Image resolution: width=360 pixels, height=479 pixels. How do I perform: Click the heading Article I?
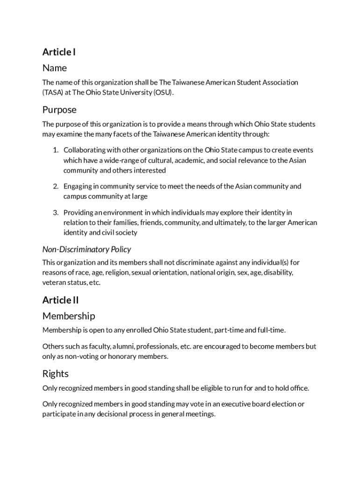pyautogui.click(x=59, y=52)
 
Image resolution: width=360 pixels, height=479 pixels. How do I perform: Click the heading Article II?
pyautogui.click(x=60, y=300)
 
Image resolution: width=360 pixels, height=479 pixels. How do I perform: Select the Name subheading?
pyautogui.click(x=55, y=68)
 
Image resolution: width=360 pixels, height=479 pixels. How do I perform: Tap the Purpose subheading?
pyautogui.click(x=59, y=110)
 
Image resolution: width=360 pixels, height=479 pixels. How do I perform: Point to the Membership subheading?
pyautogui.click(x=69, y=316)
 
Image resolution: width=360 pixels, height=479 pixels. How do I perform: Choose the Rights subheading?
pyautogui.click(x=56, y=374)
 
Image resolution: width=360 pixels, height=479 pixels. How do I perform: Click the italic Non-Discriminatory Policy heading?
pyautogui.click(x=86, y=249)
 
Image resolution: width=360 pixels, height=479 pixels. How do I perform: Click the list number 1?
pyautogui.click(x=55, y=150)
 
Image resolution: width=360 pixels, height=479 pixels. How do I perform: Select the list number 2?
pyautogui.click(x=55, y=186)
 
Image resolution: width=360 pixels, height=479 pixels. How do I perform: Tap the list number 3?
pyautogui.click(x=55, y=212)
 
